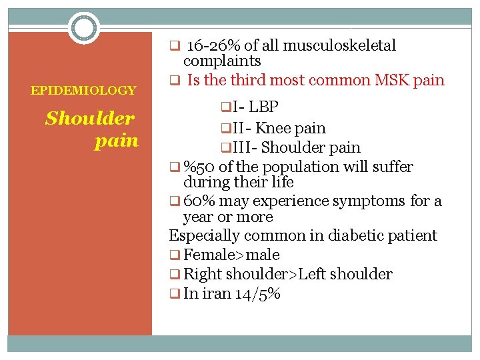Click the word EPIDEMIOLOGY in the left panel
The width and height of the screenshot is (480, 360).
pyautogui.click(x=83, y=90)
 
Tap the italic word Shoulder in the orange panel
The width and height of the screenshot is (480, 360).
pyautogui.click(x=90, y=119)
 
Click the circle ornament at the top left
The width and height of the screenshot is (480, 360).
pyautogui.click(x=84, y=28)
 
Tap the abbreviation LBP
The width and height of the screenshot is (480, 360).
pyautogui.click(x=265, y=107)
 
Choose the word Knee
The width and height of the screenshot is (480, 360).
pyautogui.click(x=273, y=127)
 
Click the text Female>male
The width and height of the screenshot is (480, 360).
pyautogui.click(x=231, y=255)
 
